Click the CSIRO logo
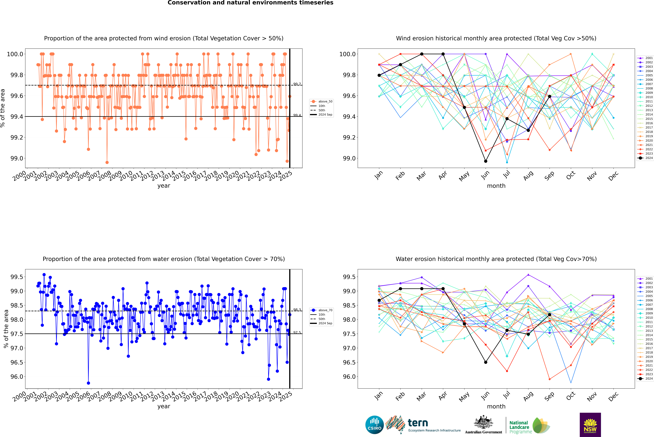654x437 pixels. point(374,425)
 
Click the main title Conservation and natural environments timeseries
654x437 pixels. point(250,3)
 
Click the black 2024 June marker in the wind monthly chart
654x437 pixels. point(486,161)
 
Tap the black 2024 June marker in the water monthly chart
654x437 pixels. point(486,362)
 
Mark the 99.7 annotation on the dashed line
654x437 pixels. point(297,84)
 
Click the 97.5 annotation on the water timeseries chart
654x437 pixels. point(297,332)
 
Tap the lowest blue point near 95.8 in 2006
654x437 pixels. point(88,383)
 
